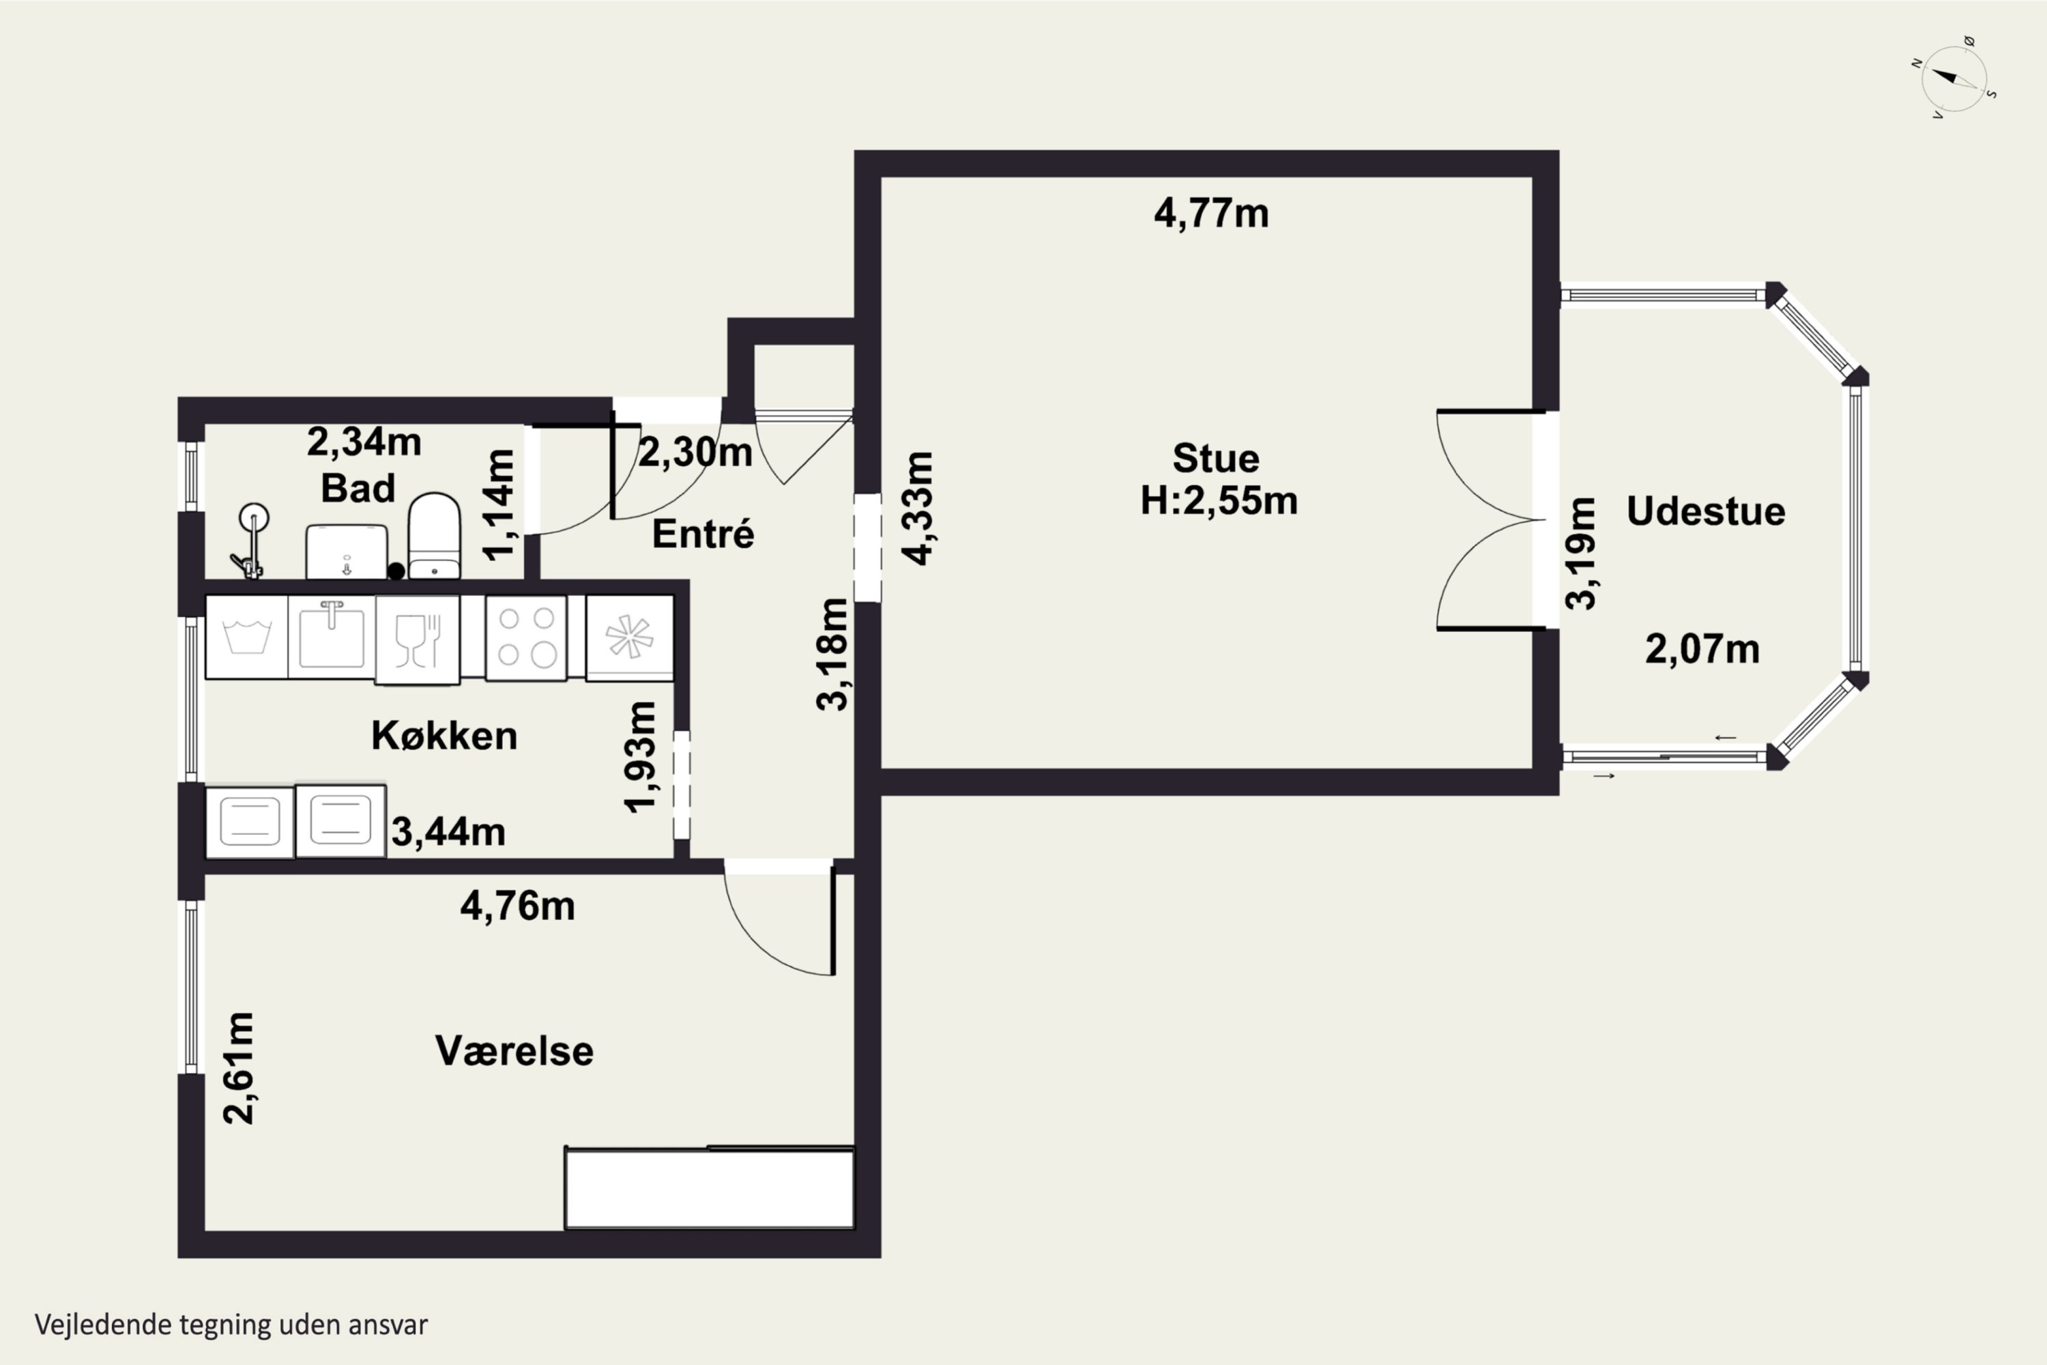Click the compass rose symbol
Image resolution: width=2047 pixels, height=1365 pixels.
pyautogui.click(x=1955, y=78)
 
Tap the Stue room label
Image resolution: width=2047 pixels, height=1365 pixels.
pyautogui.click(x=1216, y=458)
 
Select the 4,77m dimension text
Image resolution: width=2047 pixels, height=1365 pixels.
pyautogui.click(x=1212, y=213)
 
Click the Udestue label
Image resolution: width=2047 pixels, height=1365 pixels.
pyautogui.click(x=1706, y=511)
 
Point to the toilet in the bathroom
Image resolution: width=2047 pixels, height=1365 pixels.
pyautogui.click(x=434, y=535)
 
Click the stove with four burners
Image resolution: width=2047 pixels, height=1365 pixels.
pyautogui.click(x=525, y=637)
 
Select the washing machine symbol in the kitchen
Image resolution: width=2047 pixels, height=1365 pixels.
pyautogui.click(x=246, y=637)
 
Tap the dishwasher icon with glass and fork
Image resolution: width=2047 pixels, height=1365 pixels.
pyautogui.click(x=418, y=639)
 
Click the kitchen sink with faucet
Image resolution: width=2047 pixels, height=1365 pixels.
pyautogui.click(x=332, y=637)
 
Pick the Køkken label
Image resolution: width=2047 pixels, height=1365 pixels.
pyautogui.click(x=444, y=736)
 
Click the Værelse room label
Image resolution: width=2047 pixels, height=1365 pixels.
pyautogui.click(x=514, y=1051)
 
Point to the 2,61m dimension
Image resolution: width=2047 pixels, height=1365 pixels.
pyautogui.click(x=238, y=1067)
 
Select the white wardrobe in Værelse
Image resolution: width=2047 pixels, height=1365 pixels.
pyautogui.click(x=710, y=1188)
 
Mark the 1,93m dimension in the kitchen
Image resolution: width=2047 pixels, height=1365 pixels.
pyautogui.click(x=641, y=756)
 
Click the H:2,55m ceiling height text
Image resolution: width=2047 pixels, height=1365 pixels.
pyautogui.click(x=1219, y=500)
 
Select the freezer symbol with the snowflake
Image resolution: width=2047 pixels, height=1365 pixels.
pyautogui.click(x=629, y=637)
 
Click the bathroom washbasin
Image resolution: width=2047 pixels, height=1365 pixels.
pyautogui.click(x=347, y=551)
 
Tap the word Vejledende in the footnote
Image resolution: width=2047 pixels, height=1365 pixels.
pyautogui.click(x=104, y=1325)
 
